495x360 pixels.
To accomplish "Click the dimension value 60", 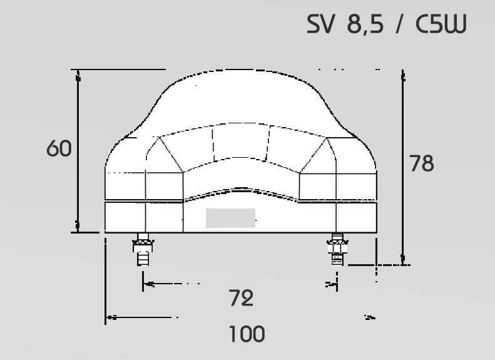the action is [59, 148].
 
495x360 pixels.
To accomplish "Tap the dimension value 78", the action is [422, 163].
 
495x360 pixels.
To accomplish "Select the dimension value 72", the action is [241, 298].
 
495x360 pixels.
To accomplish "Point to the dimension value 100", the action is [247, 334].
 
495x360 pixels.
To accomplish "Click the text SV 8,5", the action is [345, 24].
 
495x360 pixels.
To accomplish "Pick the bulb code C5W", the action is [441, 24].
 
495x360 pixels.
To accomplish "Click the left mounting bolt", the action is [143, 249].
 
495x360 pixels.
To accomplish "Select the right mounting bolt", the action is [337, 249].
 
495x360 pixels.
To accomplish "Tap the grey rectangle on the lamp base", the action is [230, 218].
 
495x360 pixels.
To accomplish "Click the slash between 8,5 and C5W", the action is [399, 24].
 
